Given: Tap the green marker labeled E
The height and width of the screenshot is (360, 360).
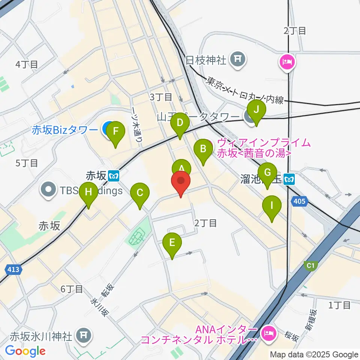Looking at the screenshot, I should [x=172, y=243].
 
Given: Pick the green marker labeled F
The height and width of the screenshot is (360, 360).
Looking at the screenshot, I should [x=115, y=132].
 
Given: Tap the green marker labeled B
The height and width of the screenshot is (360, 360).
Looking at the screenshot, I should [x=203, y=149].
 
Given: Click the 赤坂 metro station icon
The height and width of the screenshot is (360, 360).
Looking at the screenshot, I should [x=114, y=175].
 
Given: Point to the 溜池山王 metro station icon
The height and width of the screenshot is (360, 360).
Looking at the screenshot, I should [x=289, y=180].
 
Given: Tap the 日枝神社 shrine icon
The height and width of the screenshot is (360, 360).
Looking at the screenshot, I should [x=238, y=59].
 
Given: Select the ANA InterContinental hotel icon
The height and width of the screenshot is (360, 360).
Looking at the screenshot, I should [x=268, y=332].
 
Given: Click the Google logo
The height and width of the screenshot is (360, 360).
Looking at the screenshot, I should [x=25, y=351].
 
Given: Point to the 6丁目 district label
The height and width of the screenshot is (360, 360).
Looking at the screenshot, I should [x=71, y=289].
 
